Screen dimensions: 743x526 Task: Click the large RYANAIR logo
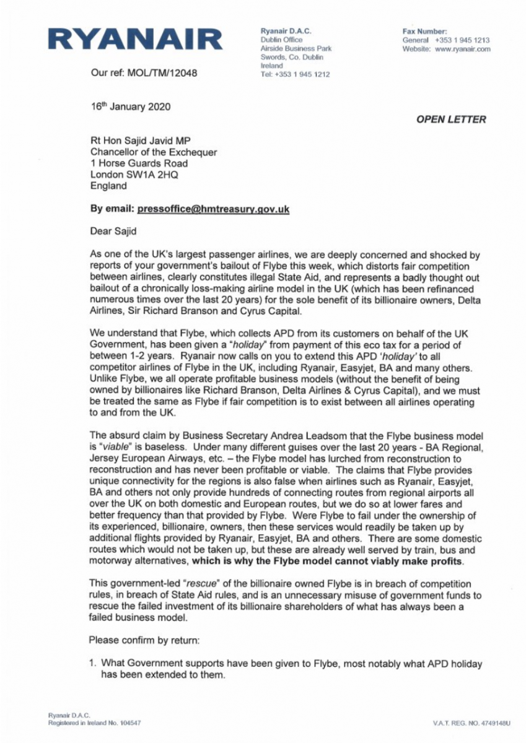(x=135, y=40)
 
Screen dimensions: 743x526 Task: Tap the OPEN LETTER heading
(x=451, y=119)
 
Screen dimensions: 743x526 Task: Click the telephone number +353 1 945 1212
(x=302, y=74)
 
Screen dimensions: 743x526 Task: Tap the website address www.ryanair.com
(x=463, y=49)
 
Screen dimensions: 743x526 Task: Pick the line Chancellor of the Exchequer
(x=154, y=152)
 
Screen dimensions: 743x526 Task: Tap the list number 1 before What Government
(x=92, y=663)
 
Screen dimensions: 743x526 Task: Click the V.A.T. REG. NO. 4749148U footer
(x=471, y=723)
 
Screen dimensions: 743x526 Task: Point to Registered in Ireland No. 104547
(x=94, y=723)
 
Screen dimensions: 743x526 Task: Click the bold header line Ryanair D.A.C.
(x=286, y=32)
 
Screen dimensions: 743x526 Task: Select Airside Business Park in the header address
(x=296, y=49)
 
